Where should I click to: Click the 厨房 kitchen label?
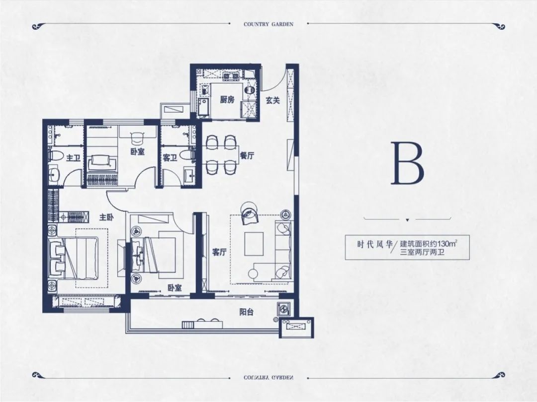pos(227,100)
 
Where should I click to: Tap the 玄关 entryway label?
pos(273,100)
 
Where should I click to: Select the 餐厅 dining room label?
pos(247,155)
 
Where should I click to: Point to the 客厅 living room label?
pos(220,252)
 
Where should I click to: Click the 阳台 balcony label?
pos(246,312)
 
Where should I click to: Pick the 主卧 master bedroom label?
pos(106,217)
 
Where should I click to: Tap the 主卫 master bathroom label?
pos(73,158)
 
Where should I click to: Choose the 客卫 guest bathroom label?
pos(170,158)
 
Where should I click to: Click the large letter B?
pos(408,163)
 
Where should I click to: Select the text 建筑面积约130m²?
pos(429,244)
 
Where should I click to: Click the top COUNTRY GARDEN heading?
pos(268,24)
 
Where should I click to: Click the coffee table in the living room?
pos(254,244)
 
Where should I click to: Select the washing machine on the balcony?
pos(284,309)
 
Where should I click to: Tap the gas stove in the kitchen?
pos(231,76)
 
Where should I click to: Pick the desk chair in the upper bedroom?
pos(137,138)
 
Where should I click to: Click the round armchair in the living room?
pos(249,212)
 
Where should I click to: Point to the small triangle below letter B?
pos(407,220)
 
